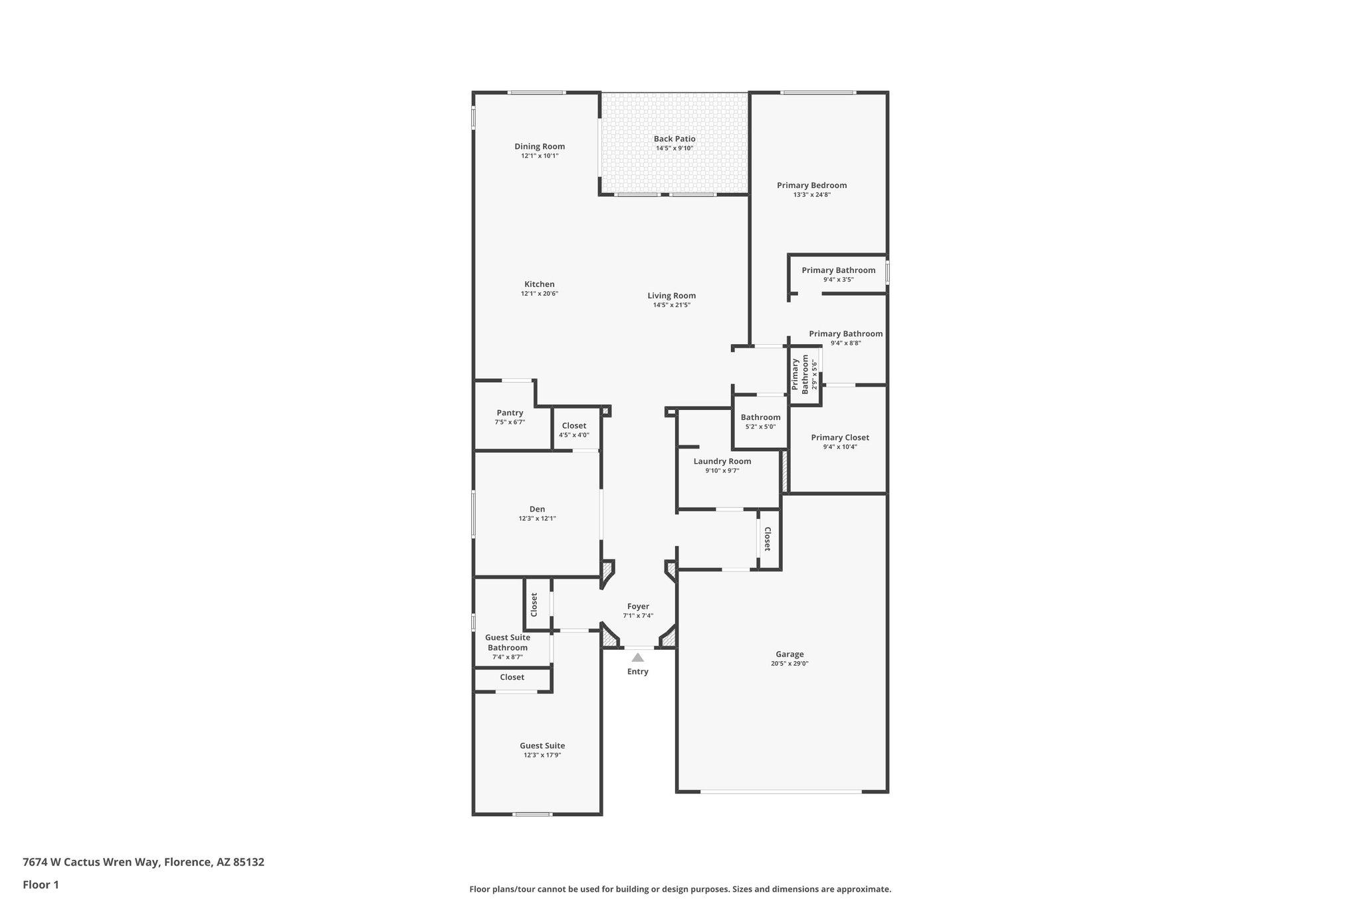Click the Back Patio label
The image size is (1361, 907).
tap(675, 139)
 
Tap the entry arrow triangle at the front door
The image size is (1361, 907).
tap(637, 658)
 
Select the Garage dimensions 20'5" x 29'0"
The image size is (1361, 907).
tap(789, 664)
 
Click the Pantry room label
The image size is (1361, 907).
tap(510, 413)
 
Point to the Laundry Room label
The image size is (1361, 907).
tap(722, 461)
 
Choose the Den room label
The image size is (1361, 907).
tap(537, 509)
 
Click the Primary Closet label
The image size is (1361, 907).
tap(840, 437)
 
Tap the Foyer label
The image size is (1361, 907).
tap(638, 606)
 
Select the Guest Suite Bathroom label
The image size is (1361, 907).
tap(508, 643)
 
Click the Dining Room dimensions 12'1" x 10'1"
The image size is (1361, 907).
tap(540, 156)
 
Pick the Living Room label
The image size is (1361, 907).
tap(672, 296)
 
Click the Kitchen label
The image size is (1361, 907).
tap(540, 284)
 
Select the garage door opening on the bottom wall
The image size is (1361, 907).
tap(781, 791)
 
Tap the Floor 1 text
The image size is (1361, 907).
tap(41, 885)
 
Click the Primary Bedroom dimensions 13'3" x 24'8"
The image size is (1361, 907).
tap(811, 195)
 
